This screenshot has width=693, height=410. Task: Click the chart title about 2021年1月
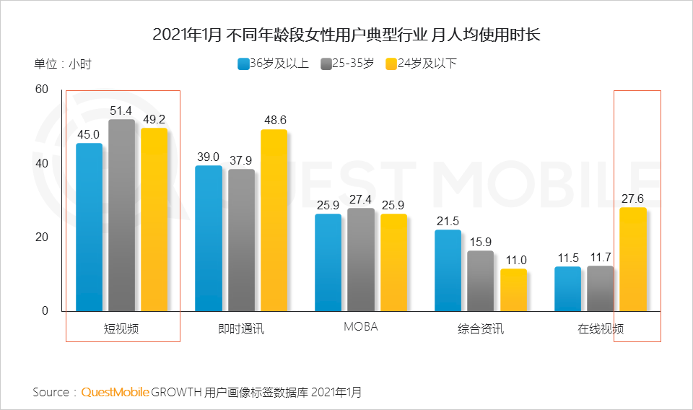click(x=346, y=34)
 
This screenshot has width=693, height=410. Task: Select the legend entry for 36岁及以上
click(x=273, y=64)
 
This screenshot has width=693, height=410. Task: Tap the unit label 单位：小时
click(x=63, y=64)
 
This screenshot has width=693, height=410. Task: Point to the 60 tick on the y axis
click(x=41, y=90)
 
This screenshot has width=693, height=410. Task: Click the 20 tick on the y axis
click(x=41, y=237)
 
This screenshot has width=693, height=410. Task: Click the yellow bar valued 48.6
click(x=274, y=220)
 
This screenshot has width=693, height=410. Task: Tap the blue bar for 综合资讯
click(x=448, y=271)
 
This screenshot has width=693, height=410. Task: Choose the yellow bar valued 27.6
click(x=632, y=259)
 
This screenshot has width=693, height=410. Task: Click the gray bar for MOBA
click(x=360, y=260)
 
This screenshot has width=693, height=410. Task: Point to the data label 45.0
click(x=89, y=133)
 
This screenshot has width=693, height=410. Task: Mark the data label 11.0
click(x=514, y=260)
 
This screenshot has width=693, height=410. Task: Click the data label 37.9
click(x=241, y=160)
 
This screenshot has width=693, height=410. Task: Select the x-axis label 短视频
click(x=121, y=329)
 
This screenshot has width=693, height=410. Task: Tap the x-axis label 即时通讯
click(x=241, y=329)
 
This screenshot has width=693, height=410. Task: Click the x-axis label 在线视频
click(x=600, y=329)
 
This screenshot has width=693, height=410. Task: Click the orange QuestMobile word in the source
click(x=115, y=392)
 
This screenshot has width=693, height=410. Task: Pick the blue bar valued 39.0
click(x=209, y=238)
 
